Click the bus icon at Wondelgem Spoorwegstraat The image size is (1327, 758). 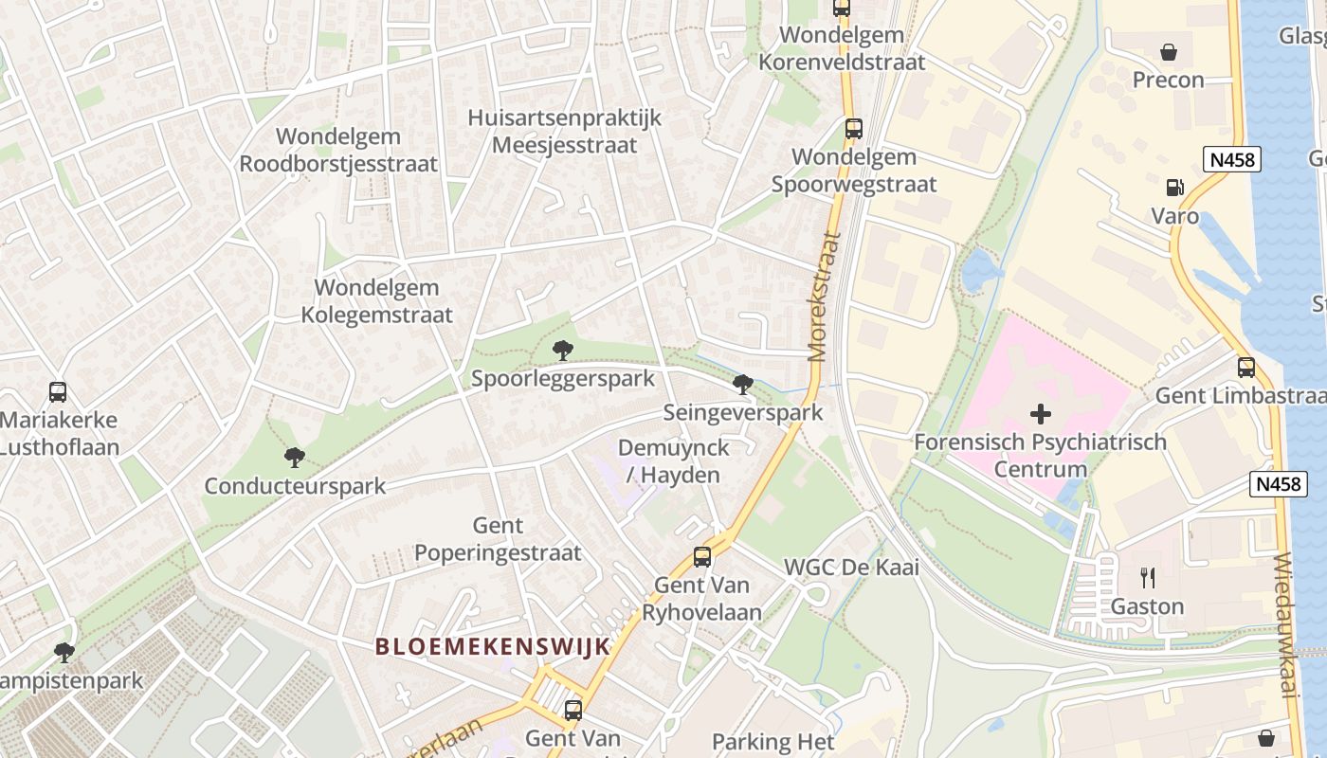pyautogui.click(x=853, y=129)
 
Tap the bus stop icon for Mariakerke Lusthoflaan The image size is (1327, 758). pyautogui.click(x=58, y=391)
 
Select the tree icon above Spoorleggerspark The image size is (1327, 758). pyautogui.click(x=563, y=351)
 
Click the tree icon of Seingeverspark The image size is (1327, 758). pyautogui.click(x=743, y=385)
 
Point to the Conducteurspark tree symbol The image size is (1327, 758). pyautogui.click(x=295, y=458)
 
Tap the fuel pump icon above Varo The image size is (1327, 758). pyautogui.click(x=1174, y=189)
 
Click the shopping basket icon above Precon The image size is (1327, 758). pyautogui.click(x=1169, y=51)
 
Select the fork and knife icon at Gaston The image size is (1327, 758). pyautogui.click(x=1147, y=577)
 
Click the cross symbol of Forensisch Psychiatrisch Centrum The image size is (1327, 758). pyautogui.click(x=1041, y=414)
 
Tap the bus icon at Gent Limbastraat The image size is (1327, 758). pyautogui.click(x=1245, y=368)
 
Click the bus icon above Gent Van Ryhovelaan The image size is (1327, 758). pyautogui.click(x=701, y=557)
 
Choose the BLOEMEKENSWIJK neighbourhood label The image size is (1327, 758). pyautogui.click(x=492, y=647)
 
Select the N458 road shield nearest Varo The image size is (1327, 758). pyautogui.click(x=1232, y=159)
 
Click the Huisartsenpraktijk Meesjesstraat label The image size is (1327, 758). pyautogui.click(x=564, y=132)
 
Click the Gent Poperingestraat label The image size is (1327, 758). pyautogui.click(x=498, y=538)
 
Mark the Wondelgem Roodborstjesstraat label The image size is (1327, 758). pyautogui.click(x=338, y=150)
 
